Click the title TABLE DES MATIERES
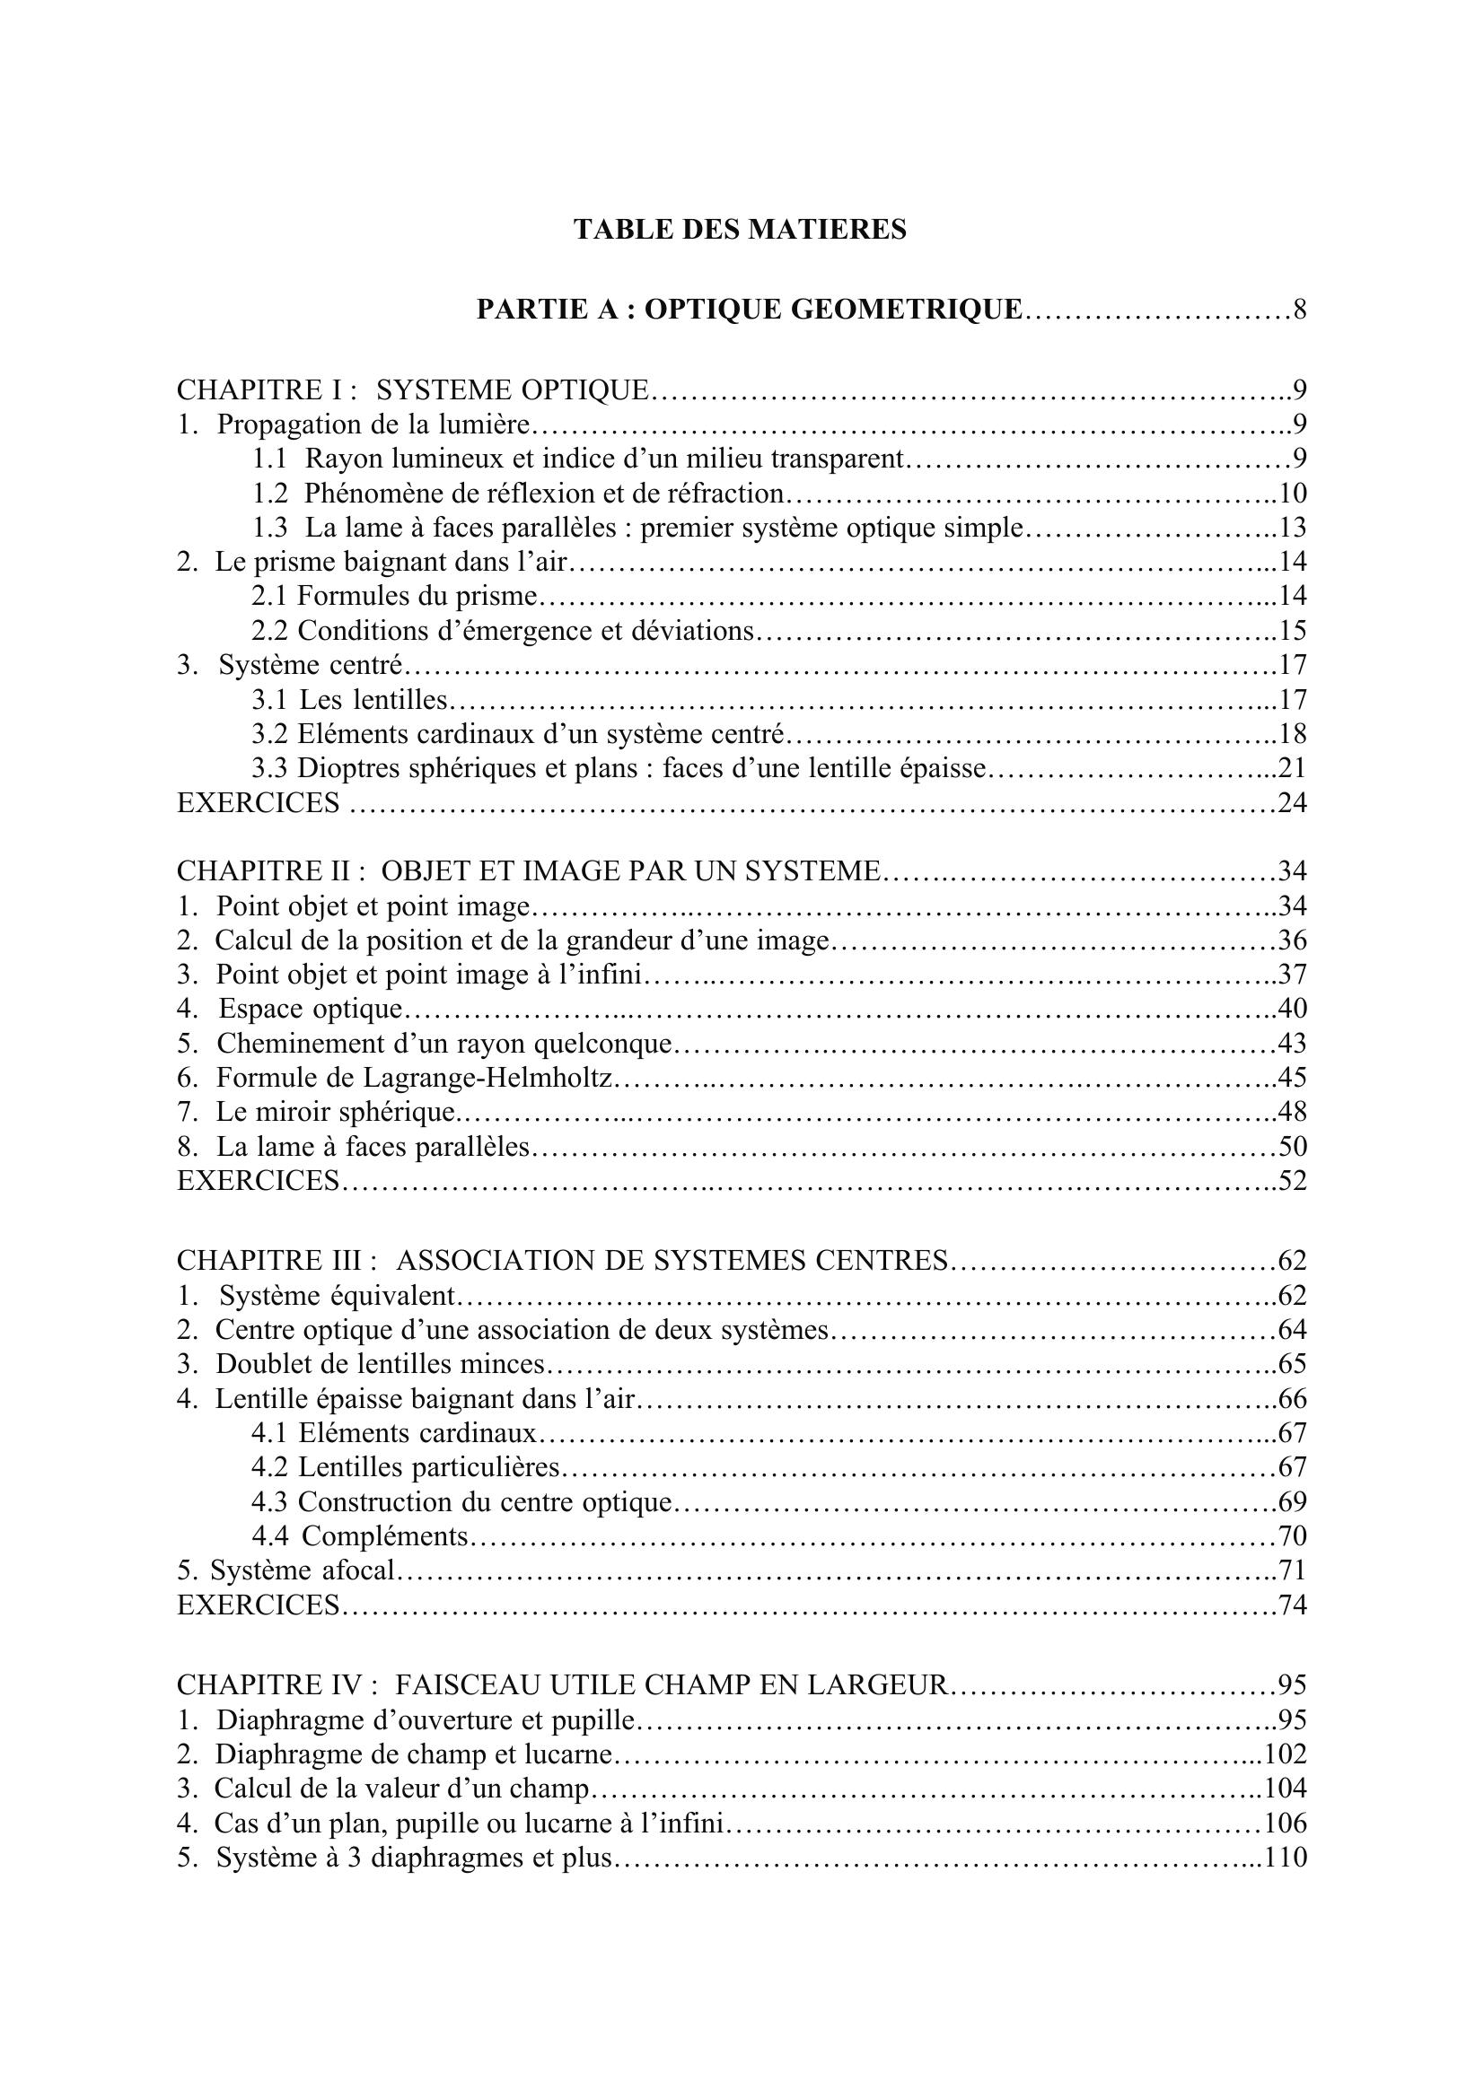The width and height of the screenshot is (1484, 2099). tap(740, 230)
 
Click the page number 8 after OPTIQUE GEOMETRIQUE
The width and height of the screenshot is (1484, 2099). tap(1299, 310)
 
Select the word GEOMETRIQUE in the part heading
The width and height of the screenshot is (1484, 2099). tap(905, 310)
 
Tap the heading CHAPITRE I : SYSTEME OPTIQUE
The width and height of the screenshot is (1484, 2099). tap(412, 390)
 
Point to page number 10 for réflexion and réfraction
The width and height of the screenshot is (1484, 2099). tap(1293, 494)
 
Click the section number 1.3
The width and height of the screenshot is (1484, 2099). tap(269, 529)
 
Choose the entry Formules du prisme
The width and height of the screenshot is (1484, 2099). tap(417, 596)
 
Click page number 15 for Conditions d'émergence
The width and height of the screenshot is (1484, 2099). tap(1293, 631)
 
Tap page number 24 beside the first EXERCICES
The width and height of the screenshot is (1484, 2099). tap(1293, 803)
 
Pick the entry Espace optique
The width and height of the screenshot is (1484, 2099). tap(310, 1010)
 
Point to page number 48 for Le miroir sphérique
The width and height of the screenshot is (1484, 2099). tap(1293, 1113)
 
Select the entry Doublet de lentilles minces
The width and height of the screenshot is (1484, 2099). tap(380, 1364)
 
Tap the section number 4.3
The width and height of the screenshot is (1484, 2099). tap(269, 1502)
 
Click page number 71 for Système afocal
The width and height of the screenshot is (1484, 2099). tap(1293, 1570)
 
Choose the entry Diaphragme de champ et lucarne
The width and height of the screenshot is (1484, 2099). tap(413, 1754)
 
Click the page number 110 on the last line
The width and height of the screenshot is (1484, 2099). tap(1286, 1858)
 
